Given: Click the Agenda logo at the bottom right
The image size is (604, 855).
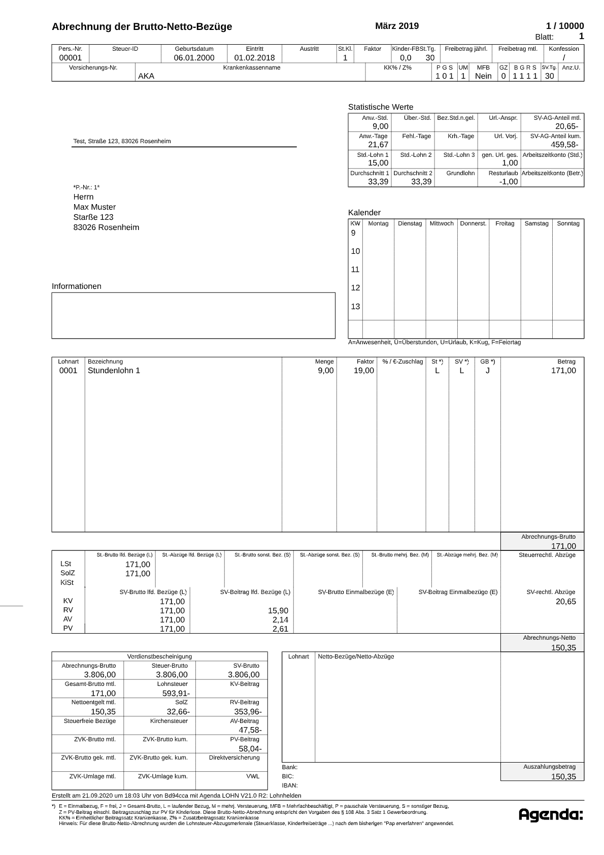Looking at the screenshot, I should (x=551, y=815).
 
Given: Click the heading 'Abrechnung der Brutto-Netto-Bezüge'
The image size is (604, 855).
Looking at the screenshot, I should (x=142, y=27).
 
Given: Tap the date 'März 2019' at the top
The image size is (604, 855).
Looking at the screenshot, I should (x=397, y=26).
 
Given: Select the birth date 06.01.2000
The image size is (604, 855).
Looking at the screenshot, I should (x=194, y=58).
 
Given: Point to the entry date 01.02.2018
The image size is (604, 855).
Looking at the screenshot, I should (x=254, y=58).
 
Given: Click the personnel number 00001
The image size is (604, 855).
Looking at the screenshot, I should (x=71, y=58).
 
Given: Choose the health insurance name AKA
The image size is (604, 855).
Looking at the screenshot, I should (x=146, y=76).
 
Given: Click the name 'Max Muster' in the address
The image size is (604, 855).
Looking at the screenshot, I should (x=94, y=207).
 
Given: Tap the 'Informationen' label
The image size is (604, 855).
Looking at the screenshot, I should (x=77, y=286).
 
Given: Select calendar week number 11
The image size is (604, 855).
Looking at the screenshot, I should (x=355, y=270).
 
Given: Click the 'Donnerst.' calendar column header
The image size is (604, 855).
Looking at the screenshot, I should (x=473, y=223).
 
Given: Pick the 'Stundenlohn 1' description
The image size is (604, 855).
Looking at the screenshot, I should (x=114, y=371).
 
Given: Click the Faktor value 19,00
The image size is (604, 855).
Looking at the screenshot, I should (x=363, y=371).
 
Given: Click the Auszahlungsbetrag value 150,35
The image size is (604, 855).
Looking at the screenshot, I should (x=563, y=777).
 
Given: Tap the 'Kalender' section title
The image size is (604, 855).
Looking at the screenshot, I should (x=364, y=213).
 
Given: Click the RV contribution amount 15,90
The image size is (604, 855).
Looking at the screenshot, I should (x=278, y=611).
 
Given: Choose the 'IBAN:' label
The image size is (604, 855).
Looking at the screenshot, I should (x=290, y=785).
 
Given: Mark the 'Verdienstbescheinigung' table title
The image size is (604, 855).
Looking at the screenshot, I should (x=159, y=656).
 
